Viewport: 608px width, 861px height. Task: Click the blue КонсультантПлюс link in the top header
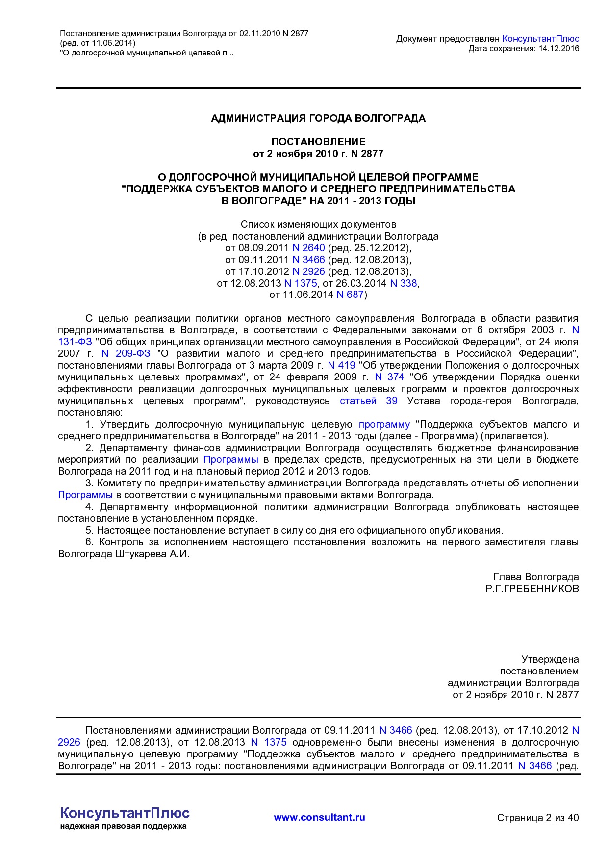(x=541, y=39)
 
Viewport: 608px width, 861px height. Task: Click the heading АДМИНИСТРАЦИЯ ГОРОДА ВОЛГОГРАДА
(x=318, y=118)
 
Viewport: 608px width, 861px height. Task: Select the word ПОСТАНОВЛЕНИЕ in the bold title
(x=318, y=142)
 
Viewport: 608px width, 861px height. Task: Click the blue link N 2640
(x=308, y=248)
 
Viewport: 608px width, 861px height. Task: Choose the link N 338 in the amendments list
(x=403, y=283)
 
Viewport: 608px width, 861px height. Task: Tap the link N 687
(x=350, y=295)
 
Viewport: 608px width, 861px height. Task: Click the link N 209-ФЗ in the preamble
(x=126, y=354)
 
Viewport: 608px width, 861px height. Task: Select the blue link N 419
(x=341, y=366)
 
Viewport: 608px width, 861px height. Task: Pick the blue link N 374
(x=389, y=377)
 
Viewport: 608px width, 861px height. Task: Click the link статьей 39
(x=368, y=401)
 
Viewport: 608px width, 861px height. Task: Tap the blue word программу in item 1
(x=384, y=425)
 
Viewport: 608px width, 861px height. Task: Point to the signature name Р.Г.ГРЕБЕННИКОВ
(x=532, y=589)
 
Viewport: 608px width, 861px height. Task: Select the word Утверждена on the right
(x=550, y=659)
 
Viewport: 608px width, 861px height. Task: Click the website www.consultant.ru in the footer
(x=319, y=817)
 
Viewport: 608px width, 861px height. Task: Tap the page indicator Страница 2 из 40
(x=537, y=818)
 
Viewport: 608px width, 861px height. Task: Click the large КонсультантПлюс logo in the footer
(x=125, y=813)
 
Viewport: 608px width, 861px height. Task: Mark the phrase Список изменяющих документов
(x=318, y=224)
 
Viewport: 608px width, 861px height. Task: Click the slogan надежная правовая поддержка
(x=123, y=826)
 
